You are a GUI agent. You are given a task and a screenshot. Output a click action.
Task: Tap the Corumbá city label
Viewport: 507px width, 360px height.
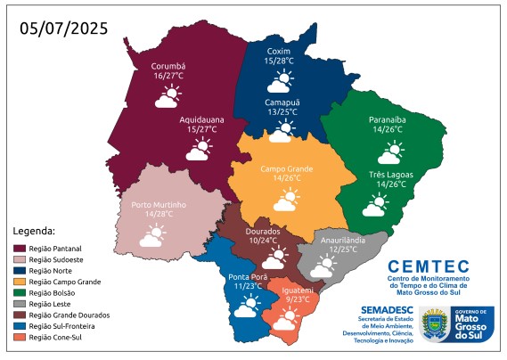point(168,66)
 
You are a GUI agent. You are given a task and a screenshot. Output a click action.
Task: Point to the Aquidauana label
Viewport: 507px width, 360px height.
point(200,119)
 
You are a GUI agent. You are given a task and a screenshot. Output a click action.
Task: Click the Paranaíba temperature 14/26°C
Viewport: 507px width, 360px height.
point(385,130)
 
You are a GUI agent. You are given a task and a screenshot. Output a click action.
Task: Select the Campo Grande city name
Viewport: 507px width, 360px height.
point(287,168)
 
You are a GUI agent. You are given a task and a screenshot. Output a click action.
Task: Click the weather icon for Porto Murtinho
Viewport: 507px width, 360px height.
point(151,236)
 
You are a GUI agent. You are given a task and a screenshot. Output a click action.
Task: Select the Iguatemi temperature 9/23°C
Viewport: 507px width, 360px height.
point(298,299)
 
